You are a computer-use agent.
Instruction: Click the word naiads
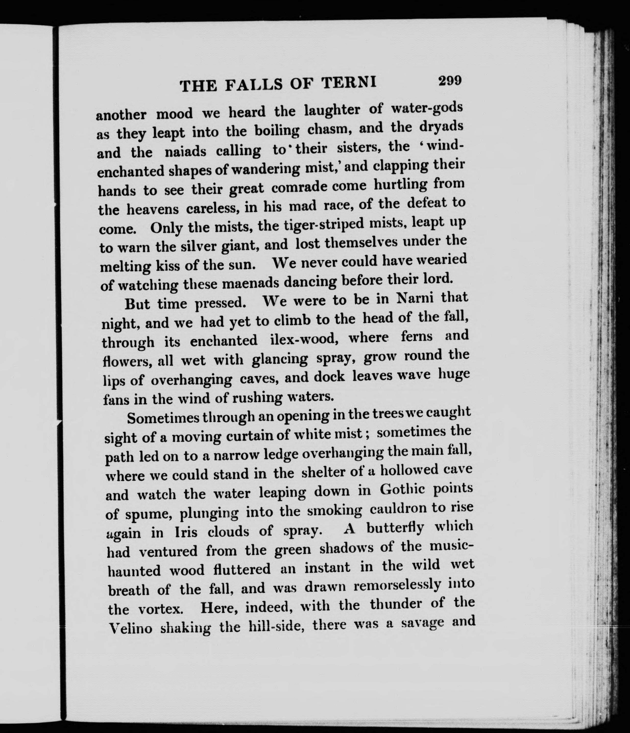tap(185, 152)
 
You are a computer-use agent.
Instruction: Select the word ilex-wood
tap(302, 340)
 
